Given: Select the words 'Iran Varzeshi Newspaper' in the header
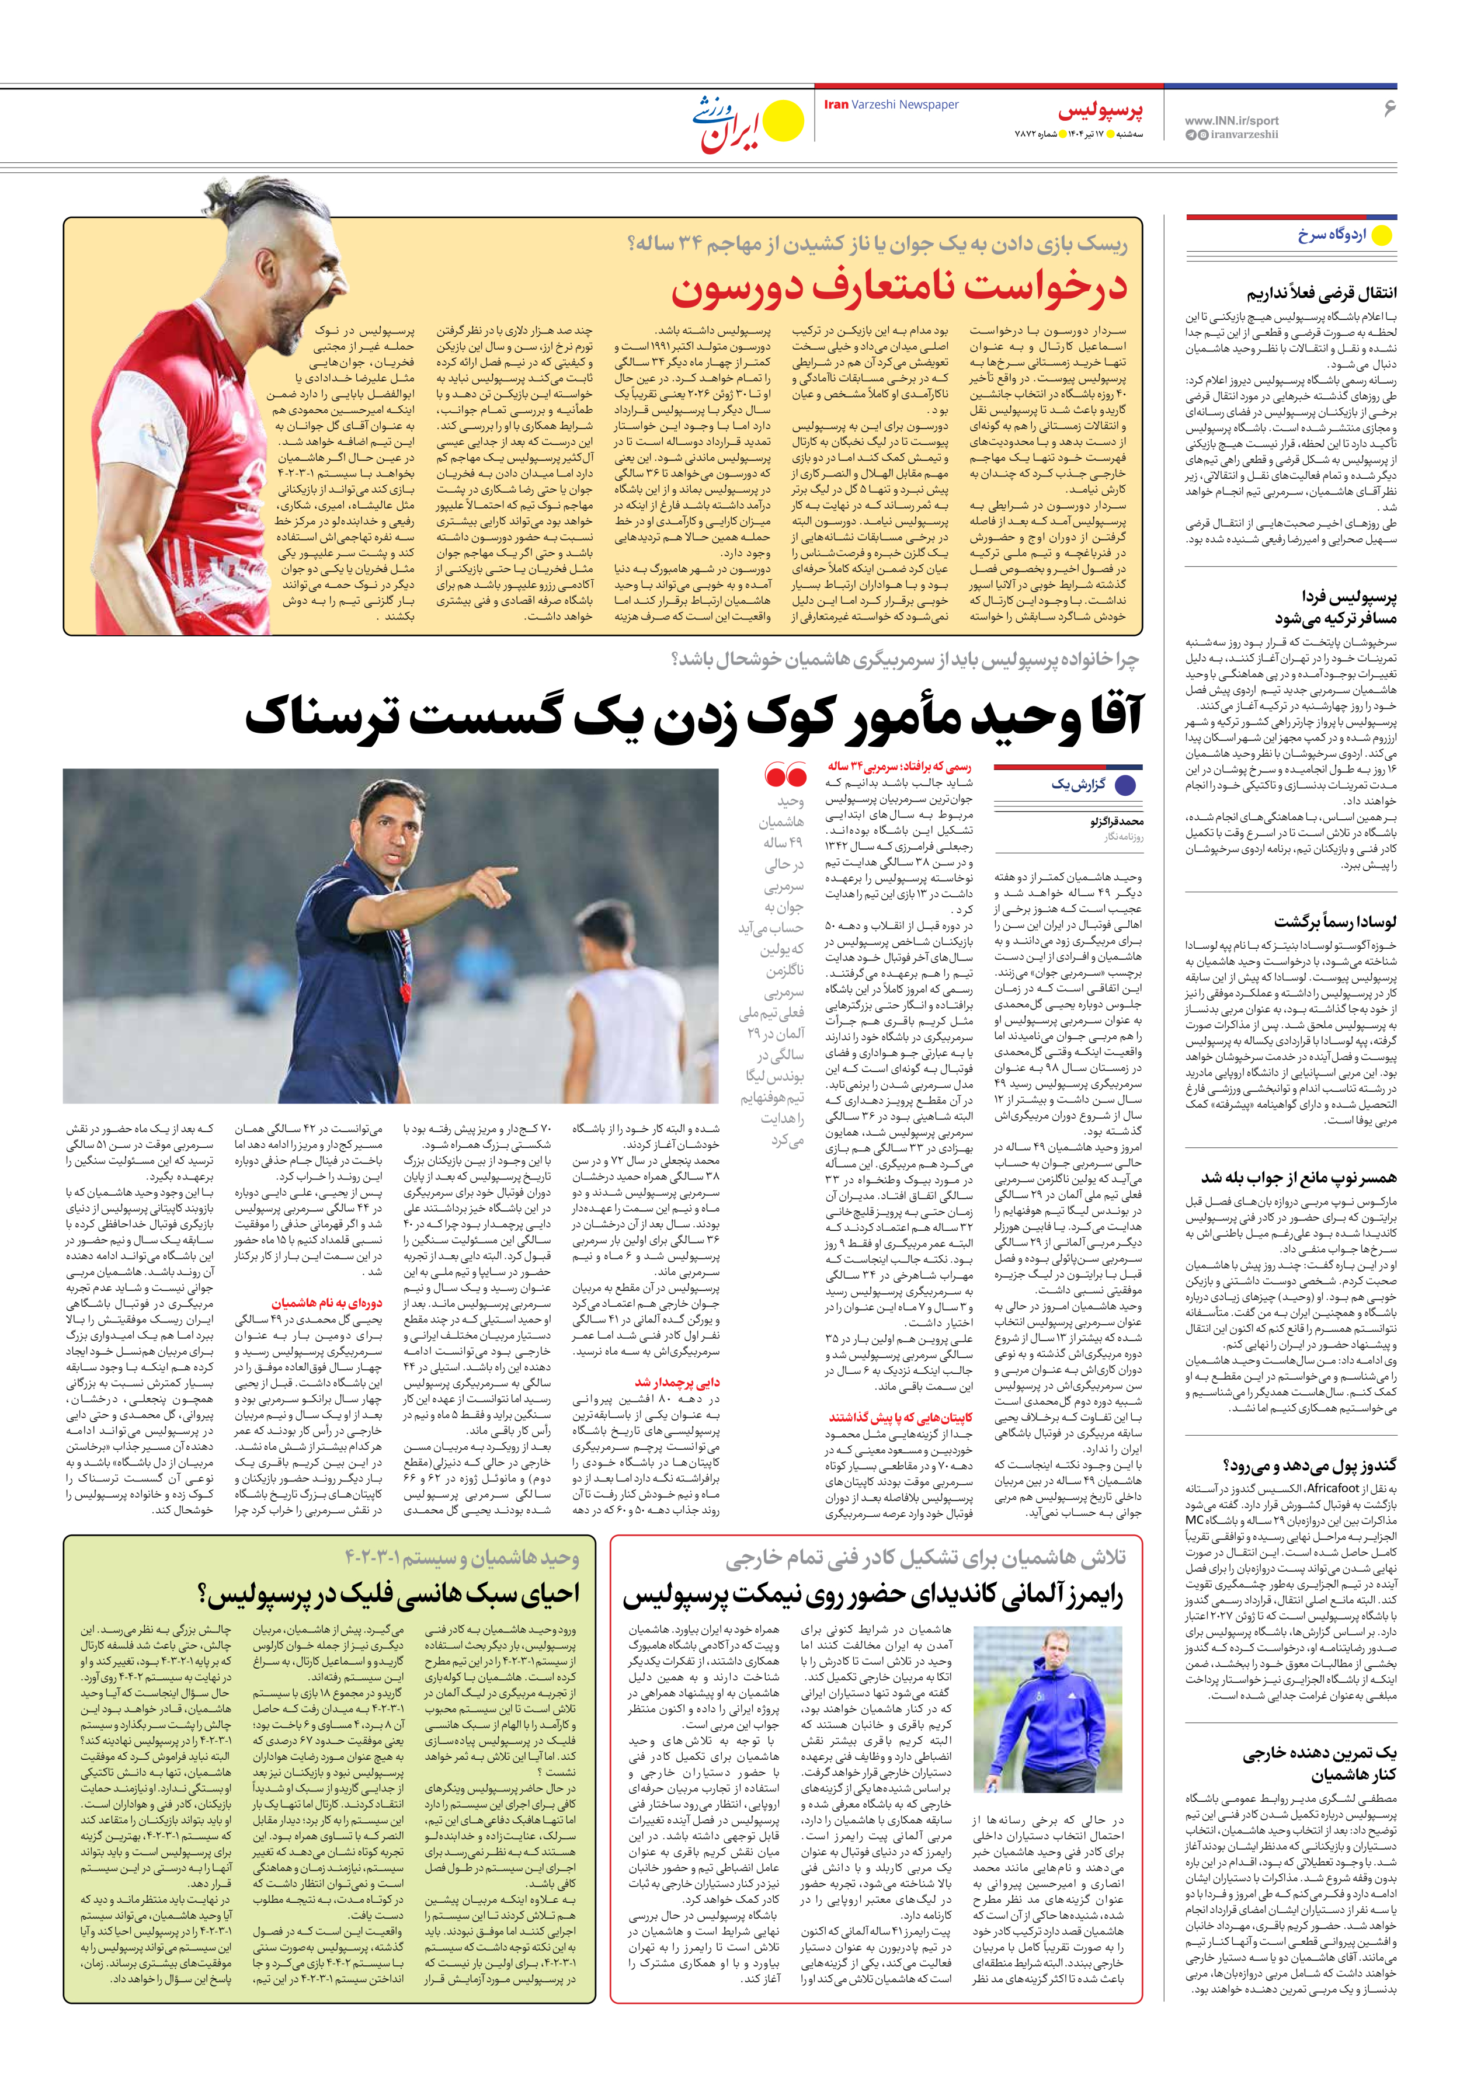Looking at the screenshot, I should [x=891, y=105].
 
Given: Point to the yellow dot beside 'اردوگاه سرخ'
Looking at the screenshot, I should [x=1381, y=235].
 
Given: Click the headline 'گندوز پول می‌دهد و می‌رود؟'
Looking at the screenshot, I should [x=1310, y=1465].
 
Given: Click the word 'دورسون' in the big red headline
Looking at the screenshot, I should [x=727, y=289].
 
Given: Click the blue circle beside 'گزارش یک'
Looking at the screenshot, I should [x=1125, y=785].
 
